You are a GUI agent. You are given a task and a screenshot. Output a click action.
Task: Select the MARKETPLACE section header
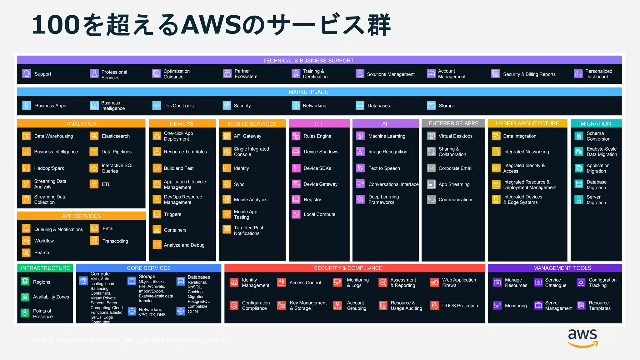pyautogui.click(x=308, y=92)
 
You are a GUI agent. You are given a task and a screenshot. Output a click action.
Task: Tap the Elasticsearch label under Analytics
pyautogui.click(x=116, y=136)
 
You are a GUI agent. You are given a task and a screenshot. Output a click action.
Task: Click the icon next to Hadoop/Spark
pyautogui.click(x=26, y=168)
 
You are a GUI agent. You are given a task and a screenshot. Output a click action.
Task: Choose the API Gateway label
pyautogui.click(x=247, y=136)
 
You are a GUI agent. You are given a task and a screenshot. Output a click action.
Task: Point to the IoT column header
pyautogui.click(x=319, y=124)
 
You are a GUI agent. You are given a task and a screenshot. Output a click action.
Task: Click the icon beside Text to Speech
pyautogui.click(x=360, y=168)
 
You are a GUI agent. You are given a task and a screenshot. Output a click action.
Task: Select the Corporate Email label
pyautogui.click(x=455, y=168)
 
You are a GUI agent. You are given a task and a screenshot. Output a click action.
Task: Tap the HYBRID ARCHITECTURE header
pyautogui.click(x=527, y=123)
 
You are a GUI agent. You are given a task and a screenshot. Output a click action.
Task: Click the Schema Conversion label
pyautogui.click(x=598, y=136)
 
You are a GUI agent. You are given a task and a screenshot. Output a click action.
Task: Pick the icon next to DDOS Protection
pyautogui.click(x=435, y=305)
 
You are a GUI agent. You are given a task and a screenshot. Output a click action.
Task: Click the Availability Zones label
pyautogui.click(x=51, y=297)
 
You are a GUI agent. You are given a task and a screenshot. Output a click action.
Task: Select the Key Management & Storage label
pyautogui.click(x=308, y=305)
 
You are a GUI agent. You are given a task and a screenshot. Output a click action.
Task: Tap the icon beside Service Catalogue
pyautogui.click(x=538, y=282)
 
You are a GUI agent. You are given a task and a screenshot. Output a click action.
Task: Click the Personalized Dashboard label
pyautogui.click(x=598, y=74)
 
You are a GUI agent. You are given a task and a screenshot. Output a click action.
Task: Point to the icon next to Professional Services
pyautogui.click(x=94, y=74)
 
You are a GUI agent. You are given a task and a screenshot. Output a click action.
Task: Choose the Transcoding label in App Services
pyautogui.click(x=115, y=241)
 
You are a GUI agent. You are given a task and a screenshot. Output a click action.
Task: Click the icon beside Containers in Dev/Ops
pyautogui.click(x=157, y=230)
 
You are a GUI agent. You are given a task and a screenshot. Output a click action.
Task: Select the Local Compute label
pyautogui.click(x=319, y=214)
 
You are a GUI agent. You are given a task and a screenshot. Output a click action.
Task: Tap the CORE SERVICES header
pyautogui.click(x=149, y=268)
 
